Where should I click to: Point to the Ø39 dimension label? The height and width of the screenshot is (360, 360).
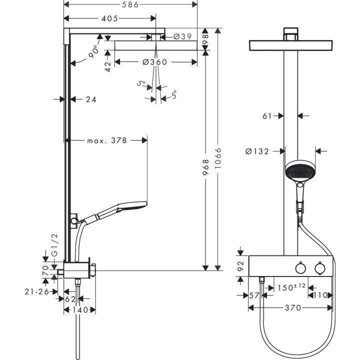click(x=182, y=36)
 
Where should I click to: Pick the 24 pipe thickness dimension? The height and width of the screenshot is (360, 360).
click(x=90, y=99)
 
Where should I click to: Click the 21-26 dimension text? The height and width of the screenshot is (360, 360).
click(x=36, y=291)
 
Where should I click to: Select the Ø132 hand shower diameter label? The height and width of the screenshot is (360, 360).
click(x=258, y=151)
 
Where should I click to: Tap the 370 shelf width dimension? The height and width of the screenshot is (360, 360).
click(x=293, y=308)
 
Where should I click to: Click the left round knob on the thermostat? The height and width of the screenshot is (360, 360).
click(x=300, y=269)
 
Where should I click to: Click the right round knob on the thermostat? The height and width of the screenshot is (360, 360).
click(x=319, y=269)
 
